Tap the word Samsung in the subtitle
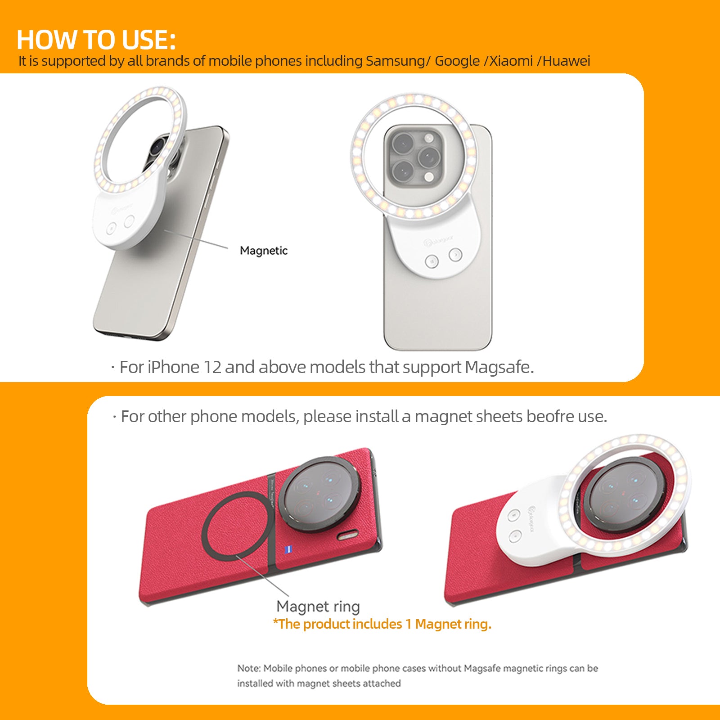[x=395, y=61]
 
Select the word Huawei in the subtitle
[x=566, y=61]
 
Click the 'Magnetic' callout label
[x=263, y=251]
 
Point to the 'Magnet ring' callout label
[x=318, y=606]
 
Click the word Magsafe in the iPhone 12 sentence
[x=499, y=367]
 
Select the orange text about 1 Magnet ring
[x=382, y=624]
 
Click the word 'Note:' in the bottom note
[x=249, y=668]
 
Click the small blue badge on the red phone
[x=289, y=549]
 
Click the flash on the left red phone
[x=348, y=535]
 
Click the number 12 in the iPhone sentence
[x=212, y=367]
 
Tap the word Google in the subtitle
[x=457, y=61]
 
